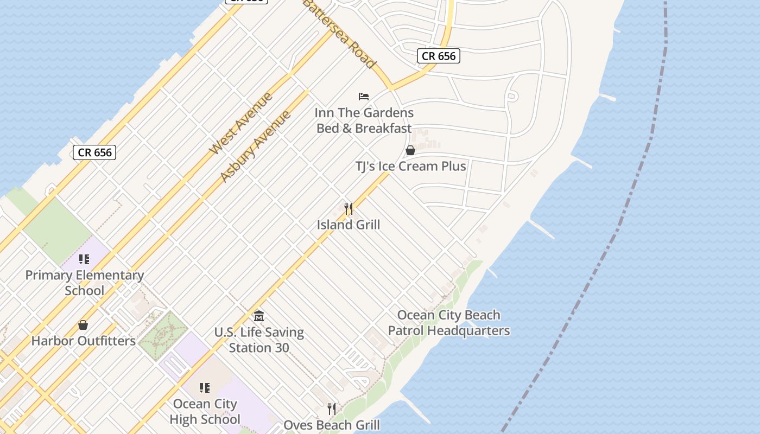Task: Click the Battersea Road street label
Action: tap(339, 34)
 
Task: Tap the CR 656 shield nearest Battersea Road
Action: tap(439, 56)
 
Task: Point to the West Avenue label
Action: tap(240, 124)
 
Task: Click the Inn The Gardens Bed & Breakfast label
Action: tap(364, 120)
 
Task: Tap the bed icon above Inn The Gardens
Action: tap(364, 97)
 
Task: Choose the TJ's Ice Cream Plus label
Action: tap(410, 166)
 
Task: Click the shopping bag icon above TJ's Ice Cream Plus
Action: tap(410, 150)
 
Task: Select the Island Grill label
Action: tap(349, 225)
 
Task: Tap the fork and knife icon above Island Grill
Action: tap(349, 208)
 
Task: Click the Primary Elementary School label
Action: tap(85, 283)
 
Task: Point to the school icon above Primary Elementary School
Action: tap(84, 259)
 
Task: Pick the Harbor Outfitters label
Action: tap(84, 341)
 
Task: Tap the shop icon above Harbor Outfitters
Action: tap(83, 325)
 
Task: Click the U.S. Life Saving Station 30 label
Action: tap(259, 340)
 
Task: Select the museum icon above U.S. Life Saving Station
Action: tap(259, 316)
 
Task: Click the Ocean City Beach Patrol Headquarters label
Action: tap(449, 323)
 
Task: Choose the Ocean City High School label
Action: tap(205, 411)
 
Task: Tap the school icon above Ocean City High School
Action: tap(205, 388)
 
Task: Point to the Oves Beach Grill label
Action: tap(332, 425)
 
